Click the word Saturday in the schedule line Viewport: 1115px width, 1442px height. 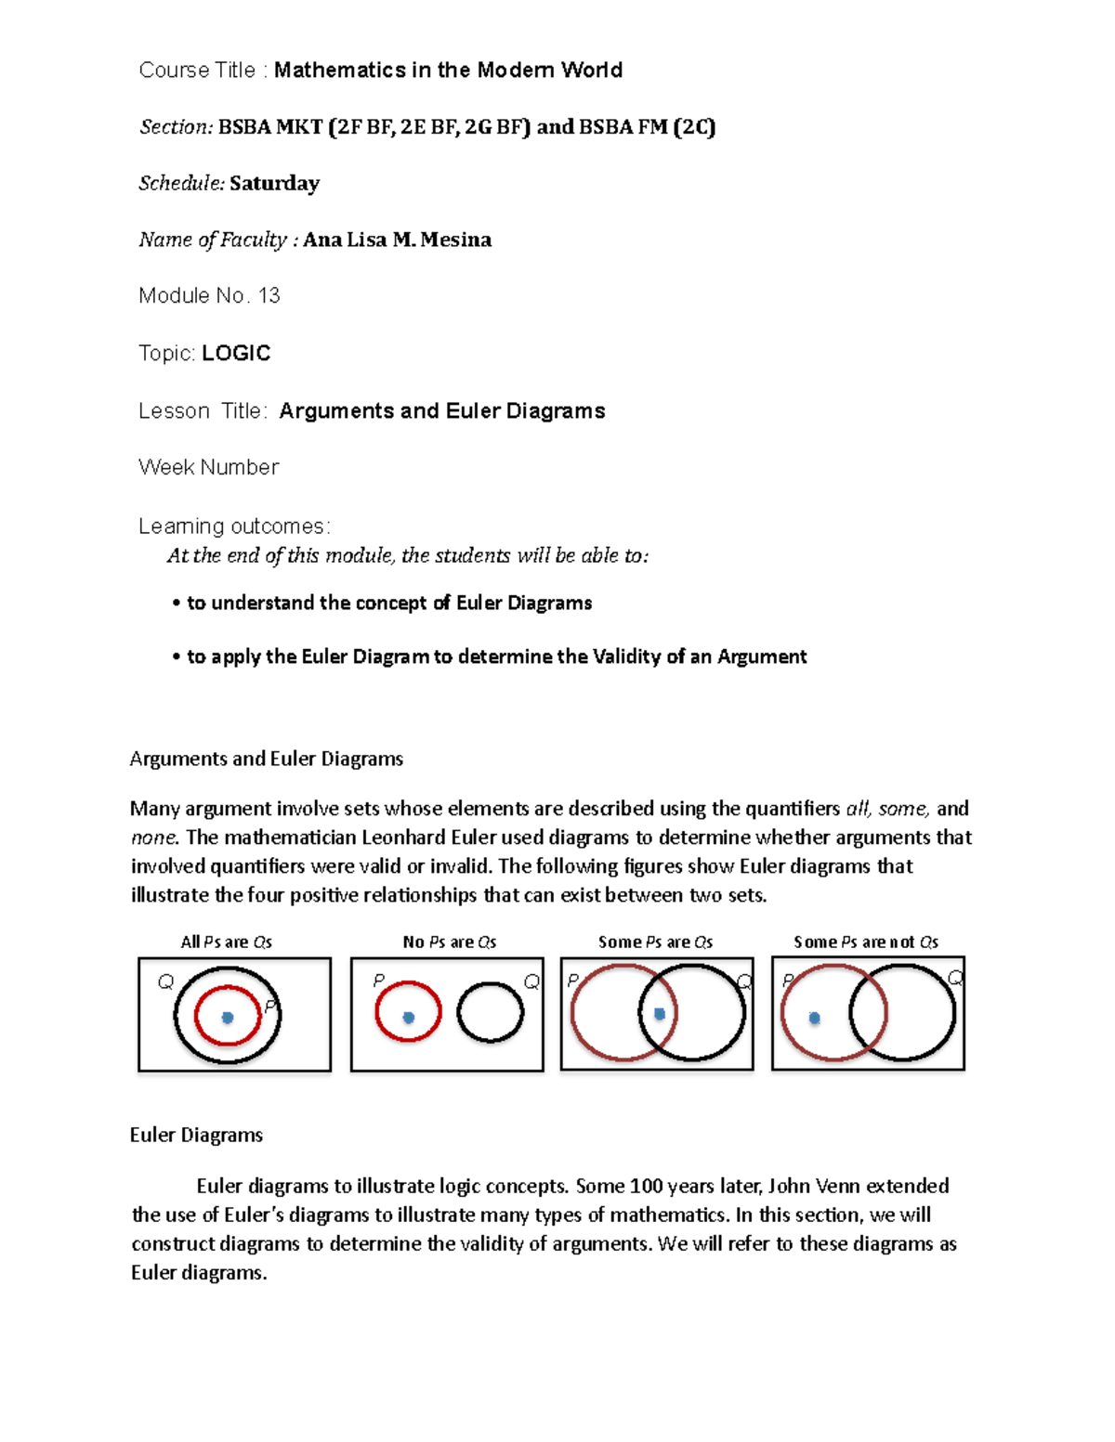click(x=274, y=183)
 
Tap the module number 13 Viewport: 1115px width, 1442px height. click(x=269, y=295)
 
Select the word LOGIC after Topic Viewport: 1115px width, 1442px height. click(x=236, y=353)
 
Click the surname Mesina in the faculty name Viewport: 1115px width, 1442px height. click(x=455, y=240)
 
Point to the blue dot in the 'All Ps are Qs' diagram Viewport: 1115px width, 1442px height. click(x=228, y=1018)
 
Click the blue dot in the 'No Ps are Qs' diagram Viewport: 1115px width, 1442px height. click(x=408, y=1018)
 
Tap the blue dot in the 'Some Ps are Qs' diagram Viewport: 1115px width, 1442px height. click(x=660, y=1014)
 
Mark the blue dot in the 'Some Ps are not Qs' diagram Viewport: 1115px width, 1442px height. click(x=815, y=1018)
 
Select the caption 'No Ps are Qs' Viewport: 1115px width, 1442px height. click(x=450, y=942)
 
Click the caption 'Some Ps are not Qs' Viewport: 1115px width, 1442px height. click(x=866, y=942)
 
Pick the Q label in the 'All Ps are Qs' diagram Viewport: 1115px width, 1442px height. click(x=165, y=981)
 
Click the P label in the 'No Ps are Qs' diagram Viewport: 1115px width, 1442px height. click(x=378, y=981)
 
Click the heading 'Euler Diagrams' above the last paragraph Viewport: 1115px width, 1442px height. click(x=196, y=1135)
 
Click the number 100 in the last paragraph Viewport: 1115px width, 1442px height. click(x=646, y=1186)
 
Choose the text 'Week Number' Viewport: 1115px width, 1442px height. click(x=208, y=467)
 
